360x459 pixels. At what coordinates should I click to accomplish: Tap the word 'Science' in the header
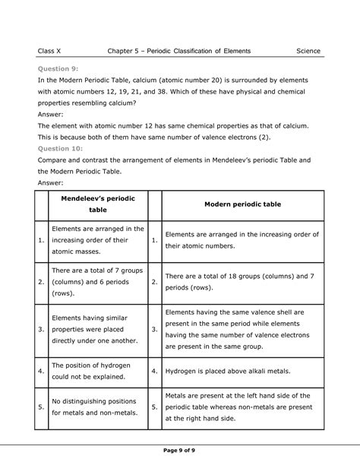[308, 51]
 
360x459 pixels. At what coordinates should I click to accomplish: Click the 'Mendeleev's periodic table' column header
[97, 204]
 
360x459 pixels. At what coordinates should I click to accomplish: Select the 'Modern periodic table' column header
[239, 204]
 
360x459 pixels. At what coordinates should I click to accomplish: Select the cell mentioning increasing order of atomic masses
[96, 241]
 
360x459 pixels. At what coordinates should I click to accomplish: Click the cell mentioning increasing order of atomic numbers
[237, 241]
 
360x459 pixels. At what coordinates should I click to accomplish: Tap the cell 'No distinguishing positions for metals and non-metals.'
[94, 407]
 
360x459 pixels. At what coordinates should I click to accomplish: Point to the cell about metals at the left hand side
[239, 407]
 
